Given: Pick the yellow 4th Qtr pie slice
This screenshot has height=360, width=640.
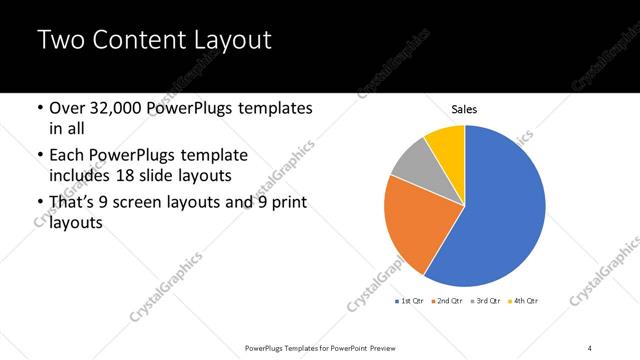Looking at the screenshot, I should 447,146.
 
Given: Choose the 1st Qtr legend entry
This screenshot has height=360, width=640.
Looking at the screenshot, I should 413,300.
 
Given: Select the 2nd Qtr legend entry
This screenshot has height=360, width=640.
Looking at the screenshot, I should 448,300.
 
